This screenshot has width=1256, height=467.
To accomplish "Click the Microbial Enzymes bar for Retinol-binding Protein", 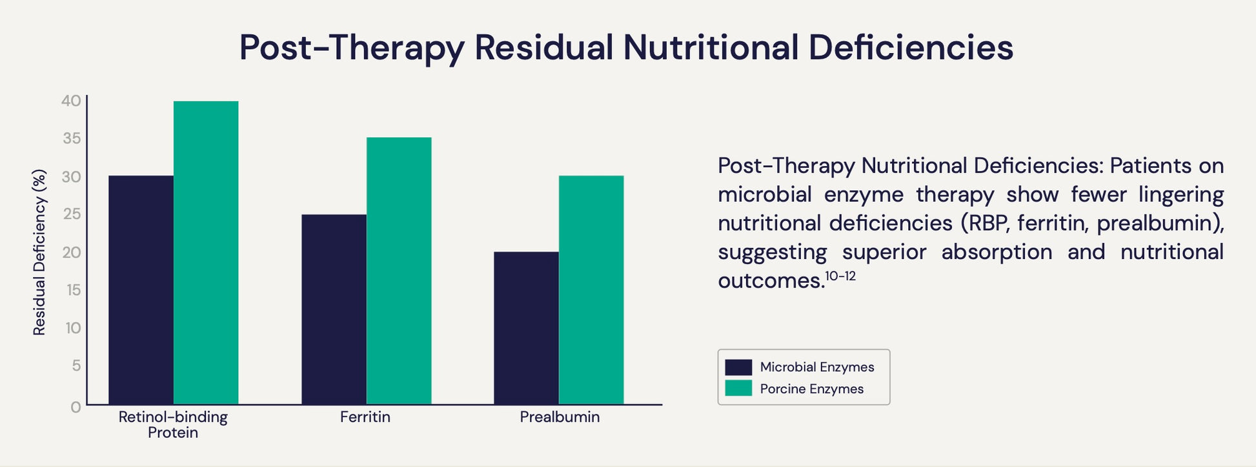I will coord(141,290).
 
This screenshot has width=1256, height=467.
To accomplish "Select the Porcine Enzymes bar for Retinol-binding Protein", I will coord(206,253).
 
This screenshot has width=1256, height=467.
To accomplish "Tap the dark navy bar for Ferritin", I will coord(334,309).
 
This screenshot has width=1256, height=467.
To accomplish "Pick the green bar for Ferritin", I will coord(399,271).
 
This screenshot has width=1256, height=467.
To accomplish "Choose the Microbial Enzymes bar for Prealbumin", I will coord(526,328).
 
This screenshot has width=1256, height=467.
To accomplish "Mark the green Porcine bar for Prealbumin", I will coord(591,290).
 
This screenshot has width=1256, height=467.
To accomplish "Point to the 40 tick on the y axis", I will coord(71,101).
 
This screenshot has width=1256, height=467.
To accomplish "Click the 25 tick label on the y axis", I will coord(71,214).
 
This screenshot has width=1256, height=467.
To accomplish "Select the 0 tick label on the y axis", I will coord(76,407).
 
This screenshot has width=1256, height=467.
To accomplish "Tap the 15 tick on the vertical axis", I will coord(73,290).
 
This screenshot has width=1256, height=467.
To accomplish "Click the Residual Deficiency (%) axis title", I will coord(39,253).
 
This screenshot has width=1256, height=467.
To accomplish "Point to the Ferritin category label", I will coord(365,417).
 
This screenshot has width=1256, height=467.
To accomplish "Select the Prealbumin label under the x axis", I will coord(560,417).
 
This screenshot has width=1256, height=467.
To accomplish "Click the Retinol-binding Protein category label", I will coord(173,424).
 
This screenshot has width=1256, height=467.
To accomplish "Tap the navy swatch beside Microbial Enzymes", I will coord(738,368).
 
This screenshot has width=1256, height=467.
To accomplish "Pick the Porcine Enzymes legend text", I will coord(811,389).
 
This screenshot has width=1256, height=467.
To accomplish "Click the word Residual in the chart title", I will coord(543,48).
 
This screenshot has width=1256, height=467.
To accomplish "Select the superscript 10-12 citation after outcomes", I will coord(840,276).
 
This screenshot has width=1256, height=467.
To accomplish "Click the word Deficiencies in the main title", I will coord(910,48).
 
